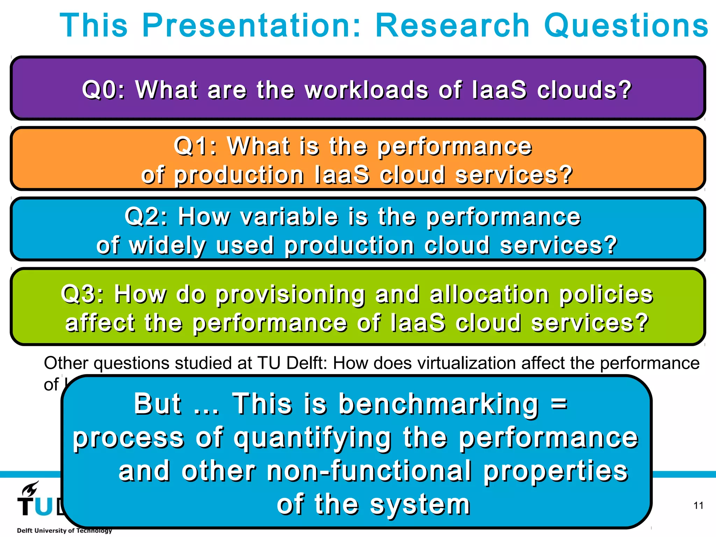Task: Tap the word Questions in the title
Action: (626, 26)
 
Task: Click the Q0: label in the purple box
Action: (103, 90)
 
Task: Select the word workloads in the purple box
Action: (366, 90)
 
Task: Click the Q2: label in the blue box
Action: (146, 216)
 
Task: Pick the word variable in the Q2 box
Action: (289, 216)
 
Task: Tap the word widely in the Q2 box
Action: (167, 246)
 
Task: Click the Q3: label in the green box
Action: (83, 294)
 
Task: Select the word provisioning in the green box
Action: (290, 295)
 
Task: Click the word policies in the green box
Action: (606, 295)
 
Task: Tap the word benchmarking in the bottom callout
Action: (438, 404)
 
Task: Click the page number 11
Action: (698, 506)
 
